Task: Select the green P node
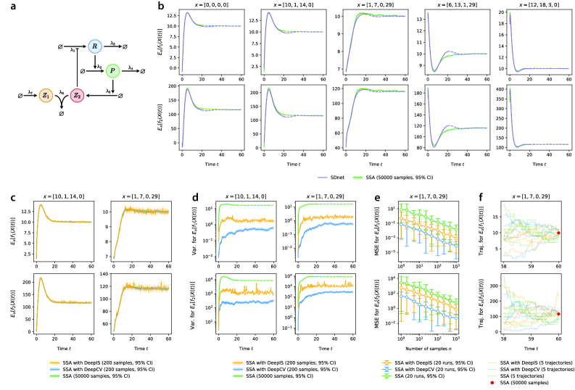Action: click(112, 70)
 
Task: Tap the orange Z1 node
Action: click(45, 96)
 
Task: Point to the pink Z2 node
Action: click(77, 96)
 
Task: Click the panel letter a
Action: click(6, 6)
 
